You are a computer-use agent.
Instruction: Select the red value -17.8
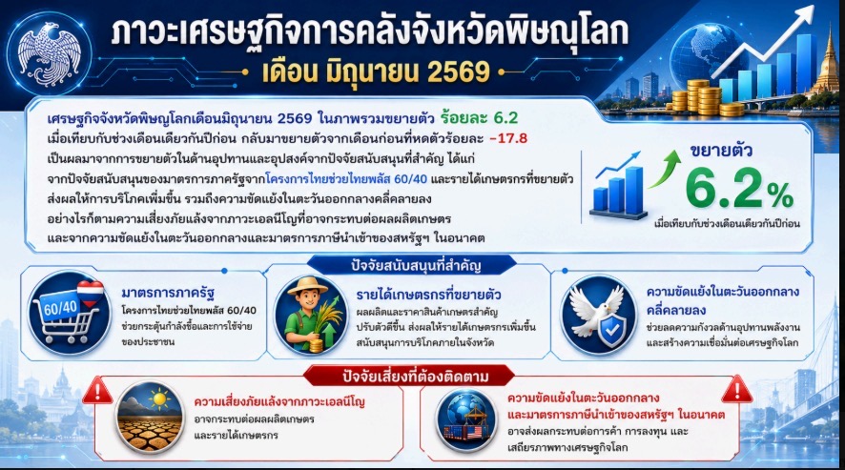(x=508, y=138)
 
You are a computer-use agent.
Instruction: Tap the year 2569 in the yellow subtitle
(x=459, y=72)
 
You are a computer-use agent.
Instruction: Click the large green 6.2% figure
(x=739, y=189)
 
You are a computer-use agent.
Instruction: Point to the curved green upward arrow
(x=665, y=169)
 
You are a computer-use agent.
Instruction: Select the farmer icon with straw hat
(x=311, y=316)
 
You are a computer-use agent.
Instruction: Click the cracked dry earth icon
(x=151, y=417)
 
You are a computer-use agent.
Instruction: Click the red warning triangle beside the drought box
(x=97, y=390)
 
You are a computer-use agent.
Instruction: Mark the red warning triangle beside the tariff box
(x=736, y=389)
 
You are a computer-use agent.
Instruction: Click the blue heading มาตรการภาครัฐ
(x=168, y=294)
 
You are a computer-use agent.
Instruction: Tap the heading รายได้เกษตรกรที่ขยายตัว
(x=428, y=295)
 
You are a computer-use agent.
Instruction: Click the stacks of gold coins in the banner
(x=701, y=97)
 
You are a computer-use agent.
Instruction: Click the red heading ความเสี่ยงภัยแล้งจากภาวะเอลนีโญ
(x=279, y=401)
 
